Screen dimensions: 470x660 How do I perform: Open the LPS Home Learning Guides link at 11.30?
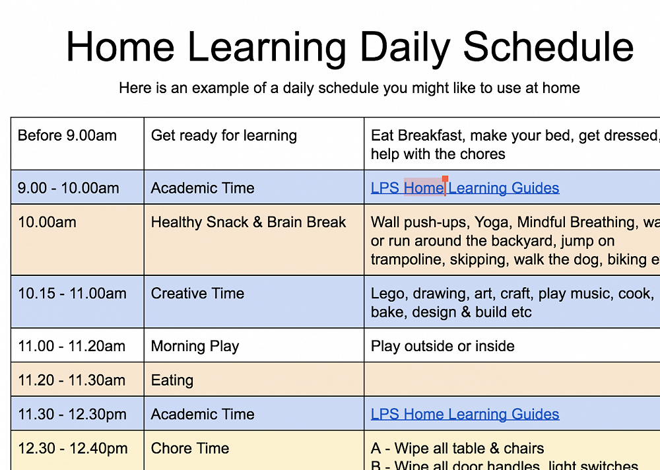click(x=465, y=415)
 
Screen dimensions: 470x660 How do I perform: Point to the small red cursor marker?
click(x=445, y=179)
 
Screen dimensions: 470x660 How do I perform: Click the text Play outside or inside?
click(x=442, y=347)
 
